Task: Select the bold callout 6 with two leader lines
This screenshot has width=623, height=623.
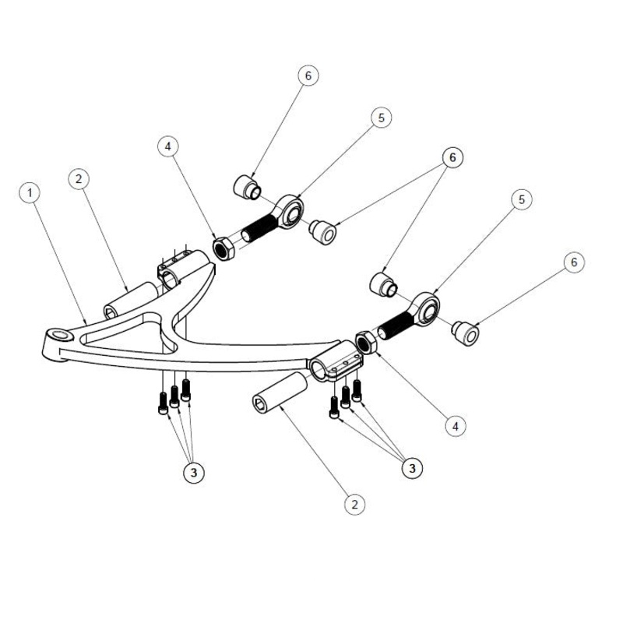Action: (x=451, y=157)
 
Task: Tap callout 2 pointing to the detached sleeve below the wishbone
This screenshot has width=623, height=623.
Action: (x=354, y=504)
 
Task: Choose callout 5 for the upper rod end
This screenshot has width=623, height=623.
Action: (x=380, y=118)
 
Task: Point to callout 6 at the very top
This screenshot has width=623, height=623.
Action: (x=308, y=76)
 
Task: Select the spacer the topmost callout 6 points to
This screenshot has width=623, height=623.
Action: (x=247, y=187)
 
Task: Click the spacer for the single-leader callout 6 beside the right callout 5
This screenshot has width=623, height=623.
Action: (x=466, y=333)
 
